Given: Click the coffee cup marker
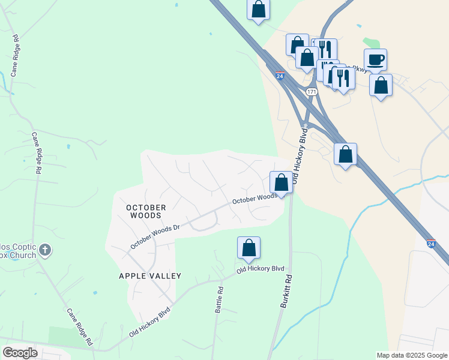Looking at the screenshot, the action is (x=375, y=60).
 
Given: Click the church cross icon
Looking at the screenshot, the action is (x=45, y=250).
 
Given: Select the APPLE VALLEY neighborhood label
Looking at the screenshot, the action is (x=150, y=276).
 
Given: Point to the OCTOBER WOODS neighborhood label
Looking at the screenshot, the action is (x=145, y=211).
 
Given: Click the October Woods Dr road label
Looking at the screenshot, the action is (x=155, y=237).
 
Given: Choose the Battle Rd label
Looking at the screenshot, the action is (x=220, y=298).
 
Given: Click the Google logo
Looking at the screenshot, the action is (x=20, y=353).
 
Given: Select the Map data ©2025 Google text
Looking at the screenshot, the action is (x=411, y=355).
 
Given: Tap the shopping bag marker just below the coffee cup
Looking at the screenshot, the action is (x=381, y=85).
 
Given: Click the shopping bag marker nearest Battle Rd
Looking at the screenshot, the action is (x=249, y=248).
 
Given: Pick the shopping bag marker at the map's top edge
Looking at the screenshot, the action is (x=258, y=10).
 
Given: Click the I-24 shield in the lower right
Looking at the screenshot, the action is (x=431, y=244).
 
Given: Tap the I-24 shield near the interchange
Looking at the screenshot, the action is (x=280, y=76).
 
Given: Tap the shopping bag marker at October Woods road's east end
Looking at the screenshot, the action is (x=281, y=182).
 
